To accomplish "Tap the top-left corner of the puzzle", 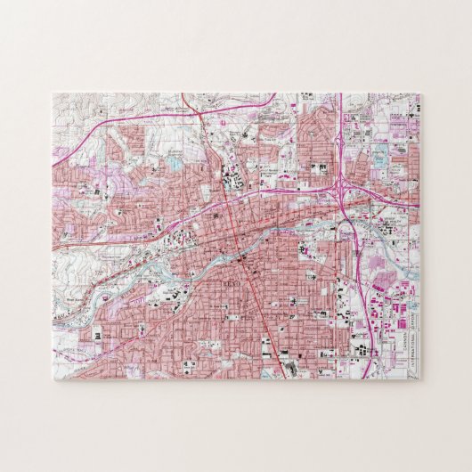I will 52,93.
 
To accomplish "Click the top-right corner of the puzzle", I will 420,93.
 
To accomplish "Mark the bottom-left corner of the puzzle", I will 52,380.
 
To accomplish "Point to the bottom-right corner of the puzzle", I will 420,380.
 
